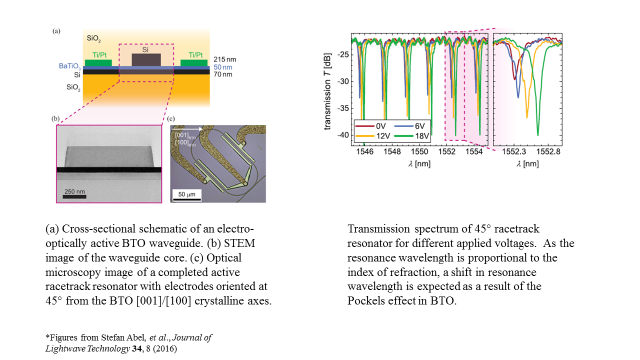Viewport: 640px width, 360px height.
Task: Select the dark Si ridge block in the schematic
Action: (146, 59)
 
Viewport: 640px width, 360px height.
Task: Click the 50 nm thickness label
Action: (223, 66)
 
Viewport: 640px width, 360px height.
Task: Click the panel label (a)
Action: (56, 31)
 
